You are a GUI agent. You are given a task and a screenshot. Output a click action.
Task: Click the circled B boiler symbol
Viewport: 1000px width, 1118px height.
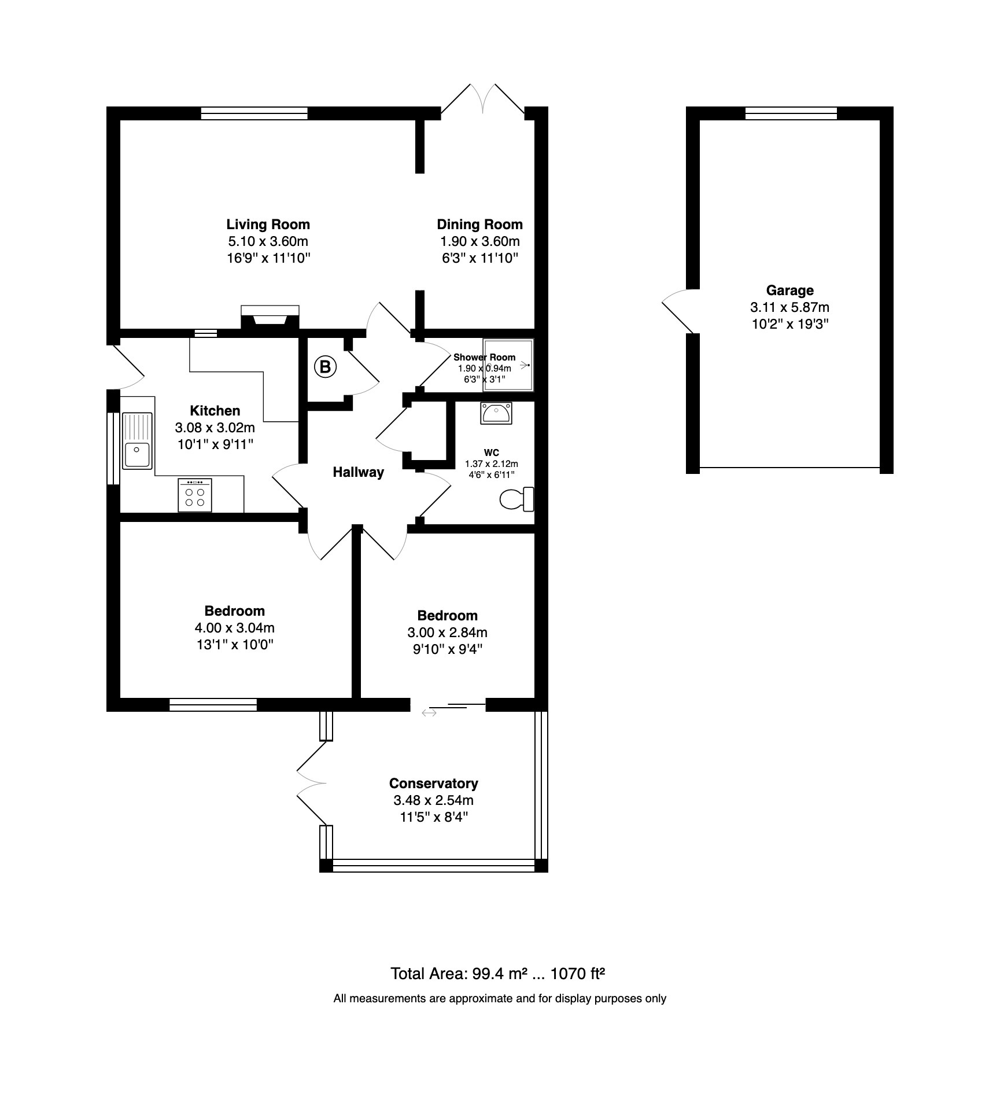tap(325, 366)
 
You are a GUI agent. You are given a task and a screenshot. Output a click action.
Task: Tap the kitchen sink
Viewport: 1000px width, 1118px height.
tap(137, 440)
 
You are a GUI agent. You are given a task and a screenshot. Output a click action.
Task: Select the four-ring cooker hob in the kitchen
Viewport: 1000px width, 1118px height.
tap(195, 495)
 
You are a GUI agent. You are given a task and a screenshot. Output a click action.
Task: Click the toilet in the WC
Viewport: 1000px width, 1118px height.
tap(516, 499)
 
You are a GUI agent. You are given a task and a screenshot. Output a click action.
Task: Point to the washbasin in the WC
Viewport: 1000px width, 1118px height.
tap(496, 413)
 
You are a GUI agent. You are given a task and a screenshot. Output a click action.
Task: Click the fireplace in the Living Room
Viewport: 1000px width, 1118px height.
tap(270, 317)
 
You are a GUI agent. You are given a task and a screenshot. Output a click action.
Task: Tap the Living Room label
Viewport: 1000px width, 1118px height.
tap(268, 225)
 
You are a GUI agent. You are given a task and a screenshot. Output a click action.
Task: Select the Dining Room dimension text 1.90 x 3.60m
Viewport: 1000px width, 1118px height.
tap(480, 241)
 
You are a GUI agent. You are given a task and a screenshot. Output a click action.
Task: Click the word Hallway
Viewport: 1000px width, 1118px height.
tap(359, 472)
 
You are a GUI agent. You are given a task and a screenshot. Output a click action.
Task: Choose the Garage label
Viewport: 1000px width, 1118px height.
tap(790, 290)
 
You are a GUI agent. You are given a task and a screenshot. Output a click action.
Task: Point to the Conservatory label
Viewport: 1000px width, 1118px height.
tap(434, 784)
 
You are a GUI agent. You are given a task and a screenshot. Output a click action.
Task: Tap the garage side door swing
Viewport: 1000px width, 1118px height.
tap(677, 311)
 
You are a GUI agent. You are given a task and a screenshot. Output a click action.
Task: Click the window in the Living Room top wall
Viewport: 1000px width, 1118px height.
tap(254, 113)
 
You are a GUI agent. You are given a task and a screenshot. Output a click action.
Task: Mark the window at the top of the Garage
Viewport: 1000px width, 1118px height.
tap(791, 113)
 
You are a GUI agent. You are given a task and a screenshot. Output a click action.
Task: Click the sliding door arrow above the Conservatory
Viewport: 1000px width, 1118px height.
tap(429, 713)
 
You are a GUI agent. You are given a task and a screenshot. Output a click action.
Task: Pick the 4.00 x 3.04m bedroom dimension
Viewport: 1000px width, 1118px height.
tap(235, 628)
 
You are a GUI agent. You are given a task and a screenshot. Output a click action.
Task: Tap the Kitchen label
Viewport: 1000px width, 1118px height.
tap(215, 411)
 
